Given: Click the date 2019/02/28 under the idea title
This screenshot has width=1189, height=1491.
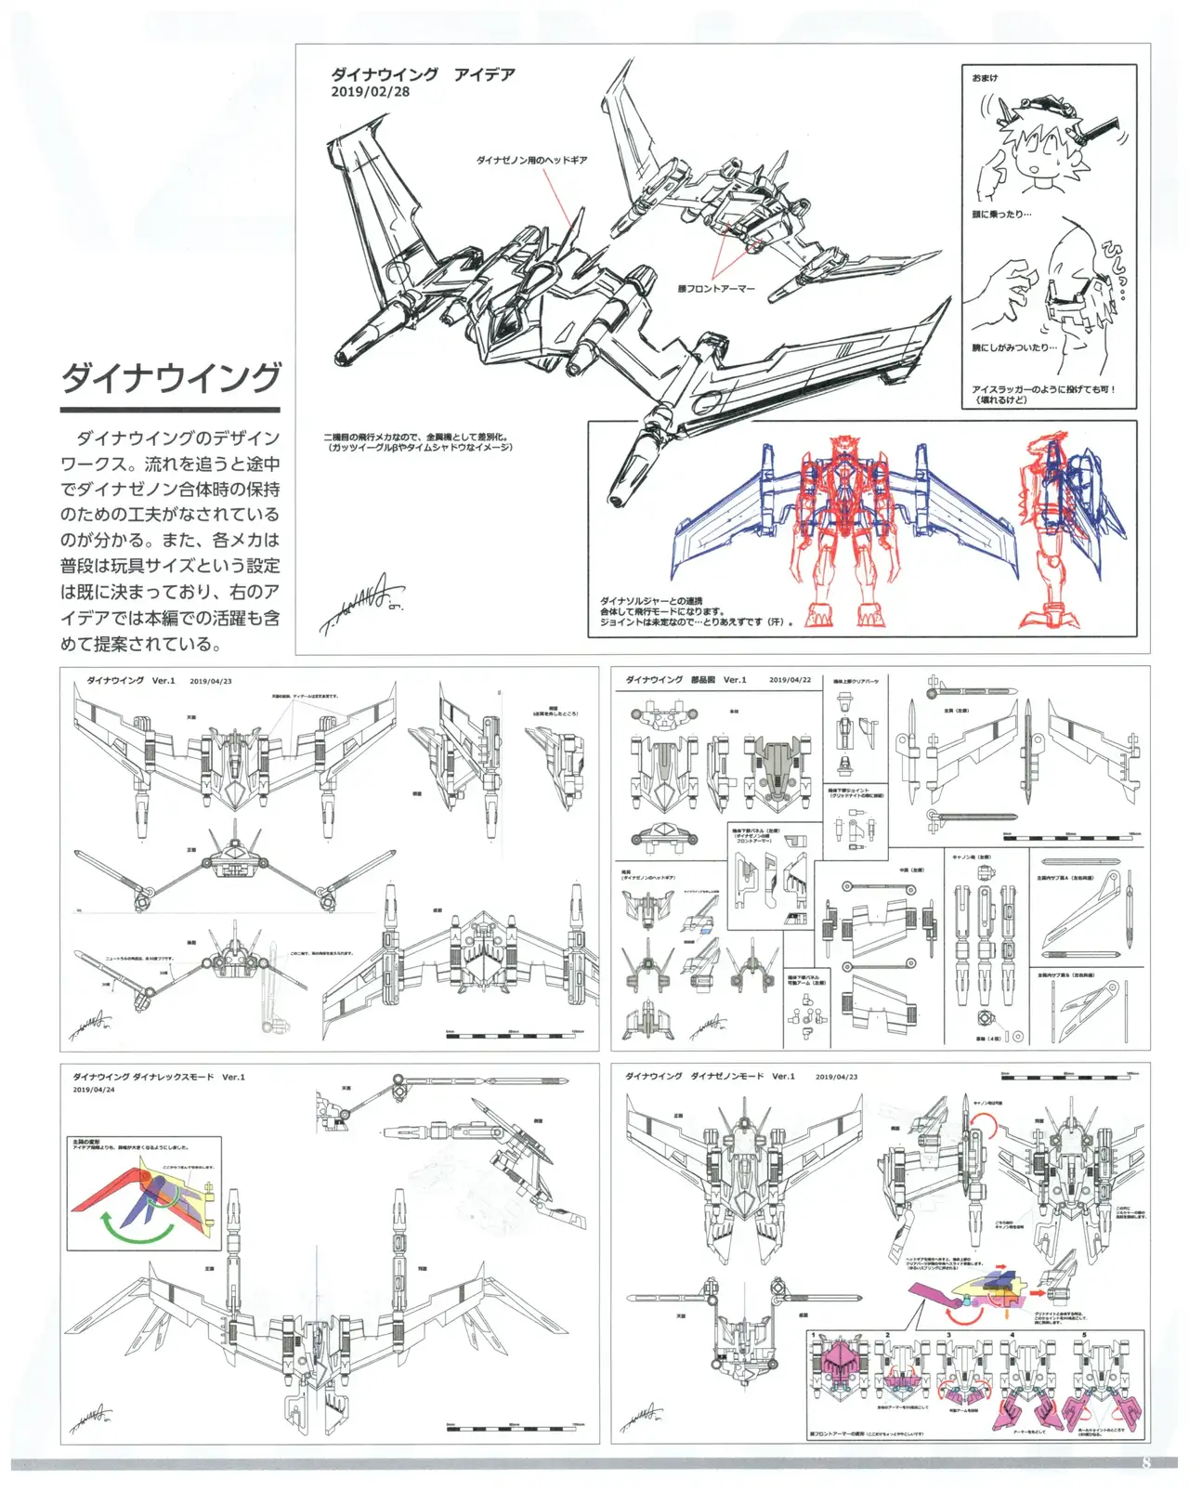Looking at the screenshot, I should click(x=370, y=92).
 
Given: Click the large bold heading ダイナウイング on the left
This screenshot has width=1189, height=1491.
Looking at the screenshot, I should click(x=170, y=377).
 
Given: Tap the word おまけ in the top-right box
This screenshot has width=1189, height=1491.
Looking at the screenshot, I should click(x=985, y=78).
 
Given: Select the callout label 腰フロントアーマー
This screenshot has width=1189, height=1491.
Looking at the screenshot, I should click(x=715, y=289).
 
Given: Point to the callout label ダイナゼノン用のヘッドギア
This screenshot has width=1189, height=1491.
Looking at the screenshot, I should click(x=531, y=161).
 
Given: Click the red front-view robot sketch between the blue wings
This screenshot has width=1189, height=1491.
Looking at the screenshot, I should click(x=843, y=530).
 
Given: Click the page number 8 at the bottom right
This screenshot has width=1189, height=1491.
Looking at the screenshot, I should click(x=1145, y=1462).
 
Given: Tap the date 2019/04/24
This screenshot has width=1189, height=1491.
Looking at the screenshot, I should click(x=94, y=1090).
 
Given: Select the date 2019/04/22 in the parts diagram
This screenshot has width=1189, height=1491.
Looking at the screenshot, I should click(x=790, y=680).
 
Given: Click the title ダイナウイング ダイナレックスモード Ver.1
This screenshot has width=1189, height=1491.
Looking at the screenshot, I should click(x=159, y=1077).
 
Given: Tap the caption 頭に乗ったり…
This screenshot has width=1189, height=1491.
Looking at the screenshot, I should click(x=1001, y=215).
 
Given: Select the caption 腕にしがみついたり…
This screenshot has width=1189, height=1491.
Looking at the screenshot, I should click(x=1013, y=348).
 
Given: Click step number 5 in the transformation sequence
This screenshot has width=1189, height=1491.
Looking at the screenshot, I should click(x=1083, y=1336).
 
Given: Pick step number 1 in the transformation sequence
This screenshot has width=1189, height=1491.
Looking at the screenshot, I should click(x=813, y=1336).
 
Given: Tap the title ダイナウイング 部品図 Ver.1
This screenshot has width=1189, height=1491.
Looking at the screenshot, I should click(x=686, y=680).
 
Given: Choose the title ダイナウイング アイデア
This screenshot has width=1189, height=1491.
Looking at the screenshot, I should click(x=423, y=74).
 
